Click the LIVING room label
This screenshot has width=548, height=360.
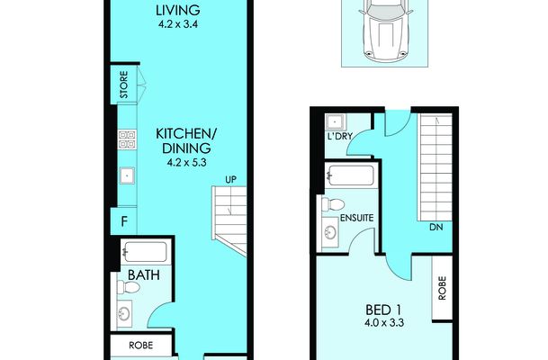point(178,10)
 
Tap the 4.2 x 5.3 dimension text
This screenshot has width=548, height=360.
point(186,163)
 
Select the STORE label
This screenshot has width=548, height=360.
point(123,85)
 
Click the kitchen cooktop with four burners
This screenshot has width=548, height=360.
point(127,139)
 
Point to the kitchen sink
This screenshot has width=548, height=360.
point(127,175)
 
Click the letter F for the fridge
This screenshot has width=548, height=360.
point(123,221)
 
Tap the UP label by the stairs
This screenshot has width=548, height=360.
point(230,180)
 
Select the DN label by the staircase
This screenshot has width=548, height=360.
point(436,227)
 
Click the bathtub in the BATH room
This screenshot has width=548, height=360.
point(144,252)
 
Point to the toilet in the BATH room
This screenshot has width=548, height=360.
point(129,287)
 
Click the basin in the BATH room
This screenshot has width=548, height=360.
point(124,313)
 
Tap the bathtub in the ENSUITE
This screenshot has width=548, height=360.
point(351,175)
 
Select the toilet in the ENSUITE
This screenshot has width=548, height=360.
point(333,204)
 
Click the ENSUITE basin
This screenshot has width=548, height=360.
point(330,232)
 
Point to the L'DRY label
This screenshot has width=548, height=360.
point(340,136)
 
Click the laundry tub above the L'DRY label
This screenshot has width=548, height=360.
point(336,122)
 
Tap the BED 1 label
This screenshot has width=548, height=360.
point(382,310)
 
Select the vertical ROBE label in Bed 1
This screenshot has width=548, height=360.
point(442,288)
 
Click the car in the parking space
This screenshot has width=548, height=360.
point(386,31)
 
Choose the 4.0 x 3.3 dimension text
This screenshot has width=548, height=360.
point(383,322)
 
